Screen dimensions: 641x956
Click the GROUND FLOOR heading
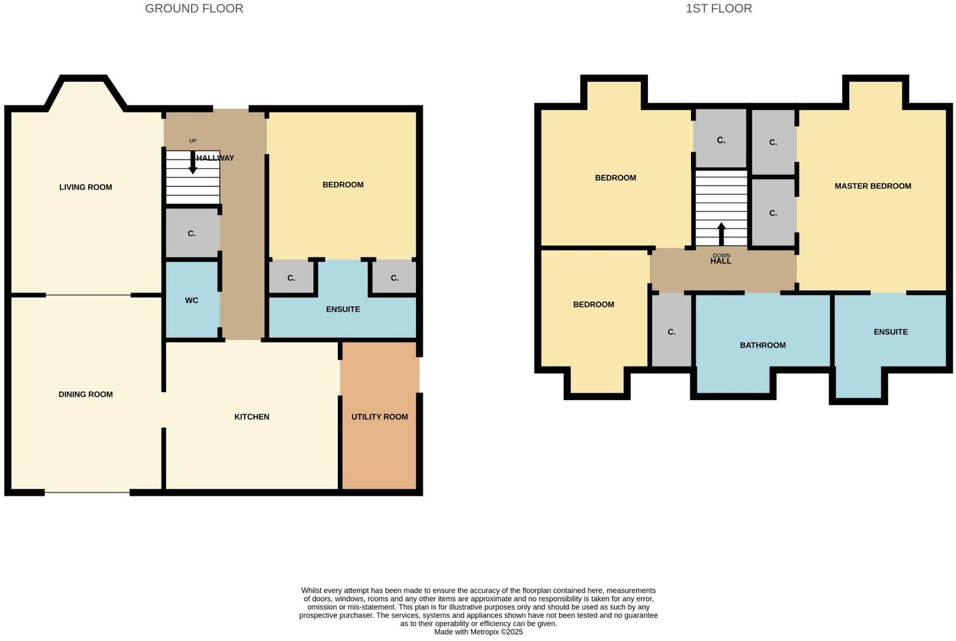pos(193,8)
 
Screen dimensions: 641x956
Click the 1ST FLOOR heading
pos(718,8)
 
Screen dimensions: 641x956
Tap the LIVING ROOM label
pos(85,187)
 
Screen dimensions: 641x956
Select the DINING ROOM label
pos(85,394)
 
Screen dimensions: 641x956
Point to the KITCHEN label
pos(251,417)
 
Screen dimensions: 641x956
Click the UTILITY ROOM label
pos(380,417)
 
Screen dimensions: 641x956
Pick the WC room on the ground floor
pos(191,300)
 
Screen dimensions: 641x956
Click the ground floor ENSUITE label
pos(343,309)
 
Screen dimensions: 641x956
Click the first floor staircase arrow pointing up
pos(721,233)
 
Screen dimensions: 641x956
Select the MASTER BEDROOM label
pos(873,186)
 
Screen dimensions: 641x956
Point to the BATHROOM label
pos(763,345)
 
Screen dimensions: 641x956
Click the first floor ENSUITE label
pos(890,332)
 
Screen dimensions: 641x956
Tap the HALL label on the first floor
pos(720,261)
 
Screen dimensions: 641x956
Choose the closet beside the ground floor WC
pos(191,233)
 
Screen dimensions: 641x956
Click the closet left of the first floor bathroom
pos(671,332)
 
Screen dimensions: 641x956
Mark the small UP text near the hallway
pos(193,141)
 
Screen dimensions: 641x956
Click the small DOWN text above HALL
pos(721,255)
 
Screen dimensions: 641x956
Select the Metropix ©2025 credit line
pos(478,632)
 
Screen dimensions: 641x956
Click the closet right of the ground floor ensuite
pos(394,278)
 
